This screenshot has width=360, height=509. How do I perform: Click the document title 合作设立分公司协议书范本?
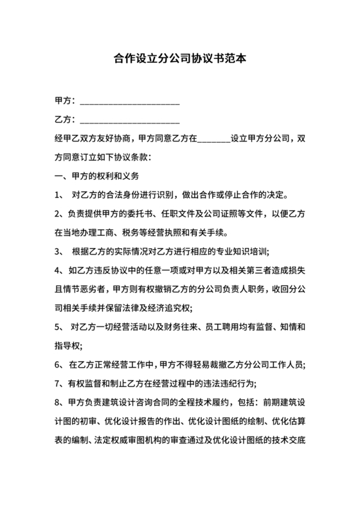(x=180, y=59)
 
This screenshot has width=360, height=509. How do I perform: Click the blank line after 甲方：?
(x=129, y=103)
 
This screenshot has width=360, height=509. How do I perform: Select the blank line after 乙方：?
(x=129, y=121)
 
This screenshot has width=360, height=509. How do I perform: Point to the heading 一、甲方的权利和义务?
(x=97, y=175)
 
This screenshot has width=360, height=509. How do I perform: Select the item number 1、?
(x=59, y=194)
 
